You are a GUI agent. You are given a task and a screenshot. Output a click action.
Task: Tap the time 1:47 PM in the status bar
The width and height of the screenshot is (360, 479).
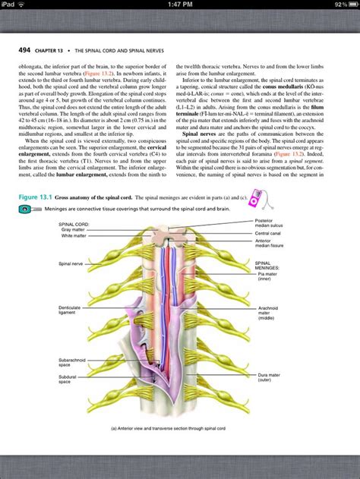[x=179, y=5]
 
